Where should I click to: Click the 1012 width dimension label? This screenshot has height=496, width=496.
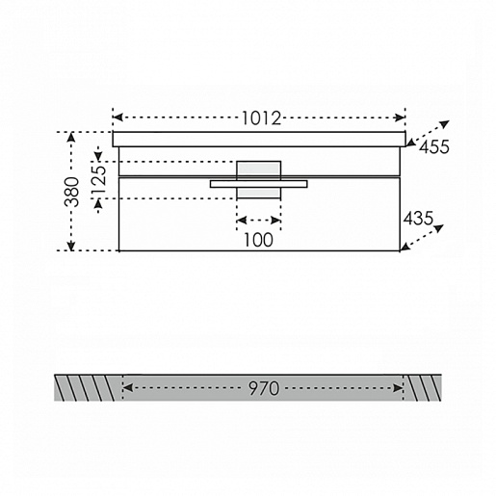[x=261, y=118]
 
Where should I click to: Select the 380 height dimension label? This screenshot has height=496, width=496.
[x=71, y=192]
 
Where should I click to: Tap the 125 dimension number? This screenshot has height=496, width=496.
[x=98, y=179]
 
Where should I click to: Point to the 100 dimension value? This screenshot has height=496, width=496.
[x=258, y=240]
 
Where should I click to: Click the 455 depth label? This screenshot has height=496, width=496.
[x=434, y=147]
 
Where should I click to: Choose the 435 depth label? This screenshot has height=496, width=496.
[x=418, y=219]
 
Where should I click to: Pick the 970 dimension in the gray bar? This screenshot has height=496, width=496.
[x=264, y=388]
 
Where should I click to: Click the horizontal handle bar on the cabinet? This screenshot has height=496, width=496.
[x=259, y=184]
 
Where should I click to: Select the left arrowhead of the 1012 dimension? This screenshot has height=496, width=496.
[x=117, y=117]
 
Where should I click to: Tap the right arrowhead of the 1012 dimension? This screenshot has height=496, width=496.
[x=401, y=117]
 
